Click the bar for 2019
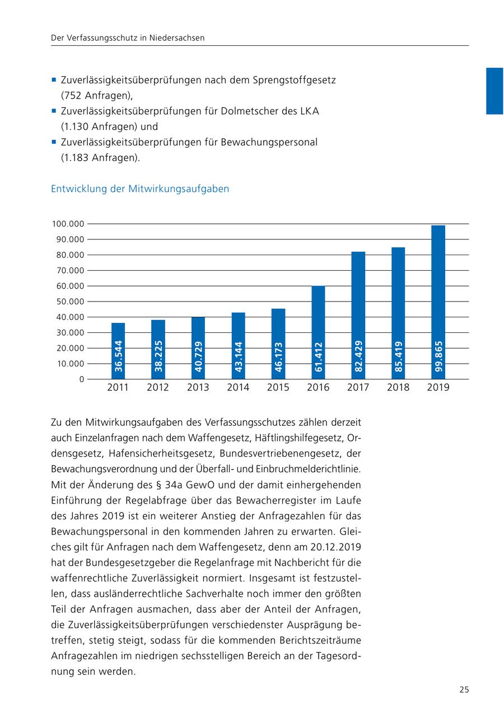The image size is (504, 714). pos(438,302)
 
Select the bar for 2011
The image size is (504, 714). pos(118,351)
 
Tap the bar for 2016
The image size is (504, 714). pos(318,332)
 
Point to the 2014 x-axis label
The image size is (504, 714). pos(238,387)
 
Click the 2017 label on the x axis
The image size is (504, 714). pos(358,387)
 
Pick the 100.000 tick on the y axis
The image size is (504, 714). pos(68,224)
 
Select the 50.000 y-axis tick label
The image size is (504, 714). pos(68,302)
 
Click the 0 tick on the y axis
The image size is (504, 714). pos(82,379)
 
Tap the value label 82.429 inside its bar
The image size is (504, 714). pos(358,356)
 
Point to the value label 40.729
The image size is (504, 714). pos(198,356)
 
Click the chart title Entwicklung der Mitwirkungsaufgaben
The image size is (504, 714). pos(140,189)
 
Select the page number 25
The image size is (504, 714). pos(464,689)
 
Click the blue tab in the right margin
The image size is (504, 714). pos(494,91)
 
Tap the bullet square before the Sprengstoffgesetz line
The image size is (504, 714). pos(54,79)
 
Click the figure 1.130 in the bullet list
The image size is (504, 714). pos(74,126)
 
